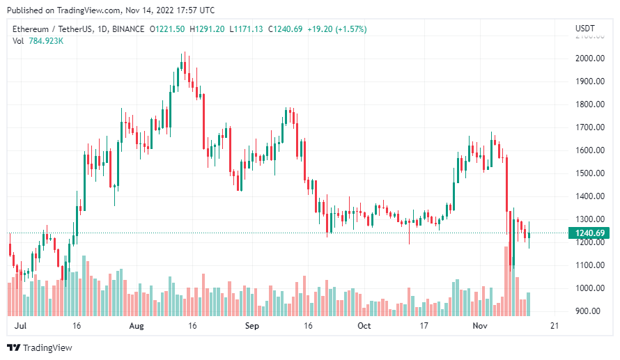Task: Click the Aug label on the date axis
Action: pyautogui.click(x=137, y=326)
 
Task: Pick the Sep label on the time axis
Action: pyautogui.click(x=252, y=326)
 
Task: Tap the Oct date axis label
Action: pyautogui.click(x=364, y=326)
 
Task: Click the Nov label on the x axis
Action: pyautogui.click(x=480, y=326)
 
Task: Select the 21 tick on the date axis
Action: pyautogui.click(x=554, y=326)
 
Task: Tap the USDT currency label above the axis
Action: pyautogui.click(x=585, y=29)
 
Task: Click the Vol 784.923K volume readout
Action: pyautogui.click(x=38, y=41)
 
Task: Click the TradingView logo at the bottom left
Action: pyautogui.click(x=39, y=347)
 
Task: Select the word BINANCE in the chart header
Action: pyautogui.click(x=125, y=29)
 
